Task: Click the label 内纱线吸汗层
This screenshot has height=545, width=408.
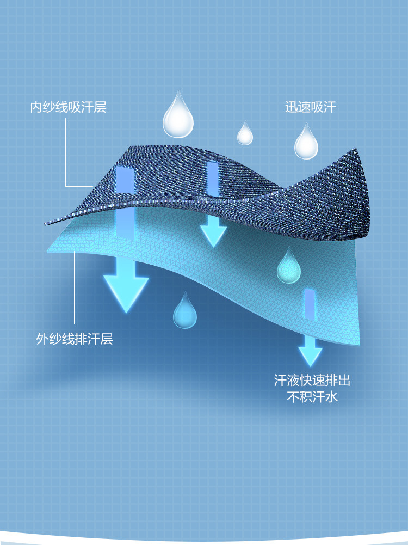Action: tap(68, 106)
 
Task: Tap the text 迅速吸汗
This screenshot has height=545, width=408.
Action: tap(311, 107)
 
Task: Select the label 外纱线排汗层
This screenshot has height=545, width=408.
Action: tap(75, 339)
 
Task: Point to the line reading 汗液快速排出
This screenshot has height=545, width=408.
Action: tap(312, 380)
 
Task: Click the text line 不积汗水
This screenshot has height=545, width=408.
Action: tap(312, 397)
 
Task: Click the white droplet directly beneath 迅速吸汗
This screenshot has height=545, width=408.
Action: tap(306, 143)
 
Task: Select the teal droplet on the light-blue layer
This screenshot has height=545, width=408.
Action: tap(288, 267)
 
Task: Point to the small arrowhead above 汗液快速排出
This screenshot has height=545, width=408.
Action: tap(310, 356)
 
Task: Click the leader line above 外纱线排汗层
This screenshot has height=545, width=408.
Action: tap(75, 289)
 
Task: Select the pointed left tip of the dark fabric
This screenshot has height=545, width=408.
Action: tap(47, 223)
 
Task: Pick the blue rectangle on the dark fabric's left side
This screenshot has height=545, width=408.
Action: tap(125, 180)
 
